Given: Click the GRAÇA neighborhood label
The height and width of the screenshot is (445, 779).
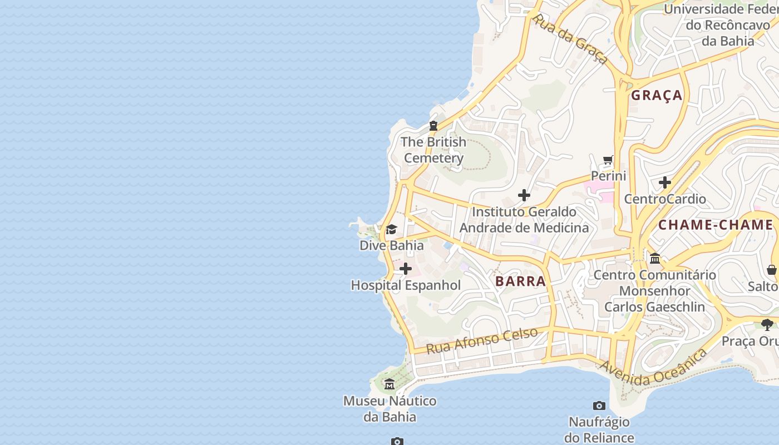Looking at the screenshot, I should [657, 96].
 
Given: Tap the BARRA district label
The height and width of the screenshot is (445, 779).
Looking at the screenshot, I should [520, 281].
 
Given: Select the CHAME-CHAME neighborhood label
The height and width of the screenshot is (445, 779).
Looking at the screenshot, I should [716, 225].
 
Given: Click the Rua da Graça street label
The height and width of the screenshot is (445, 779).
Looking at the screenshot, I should [569, 39].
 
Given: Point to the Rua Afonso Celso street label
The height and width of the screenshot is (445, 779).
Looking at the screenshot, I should [482, 340].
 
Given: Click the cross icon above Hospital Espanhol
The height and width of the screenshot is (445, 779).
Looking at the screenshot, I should [406, 269].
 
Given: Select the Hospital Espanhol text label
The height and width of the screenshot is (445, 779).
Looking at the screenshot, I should [406, 285].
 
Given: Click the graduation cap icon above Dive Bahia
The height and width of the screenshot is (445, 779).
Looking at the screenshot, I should [391, 230].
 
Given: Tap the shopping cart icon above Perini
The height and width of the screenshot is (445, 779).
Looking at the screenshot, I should [608, 160].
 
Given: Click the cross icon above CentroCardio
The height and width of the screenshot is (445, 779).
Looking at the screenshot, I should [665, 182].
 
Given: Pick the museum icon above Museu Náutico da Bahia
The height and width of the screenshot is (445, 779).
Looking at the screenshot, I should [389, 384].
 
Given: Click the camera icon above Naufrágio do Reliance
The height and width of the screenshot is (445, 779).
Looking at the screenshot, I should [599, 406].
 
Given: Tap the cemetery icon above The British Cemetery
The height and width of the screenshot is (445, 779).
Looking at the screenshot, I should [433, 126].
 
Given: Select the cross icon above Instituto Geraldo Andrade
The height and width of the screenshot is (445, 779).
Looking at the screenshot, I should [524, 195].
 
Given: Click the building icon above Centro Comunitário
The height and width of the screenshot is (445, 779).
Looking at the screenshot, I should [655, 259].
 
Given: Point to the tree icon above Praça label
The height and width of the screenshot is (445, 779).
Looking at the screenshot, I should [767, 324].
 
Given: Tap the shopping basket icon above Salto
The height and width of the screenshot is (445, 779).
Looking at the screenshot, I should [772, 270].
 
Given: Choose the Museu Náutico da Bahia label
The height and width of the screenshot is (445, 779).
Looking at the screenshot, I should [389, 409].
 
